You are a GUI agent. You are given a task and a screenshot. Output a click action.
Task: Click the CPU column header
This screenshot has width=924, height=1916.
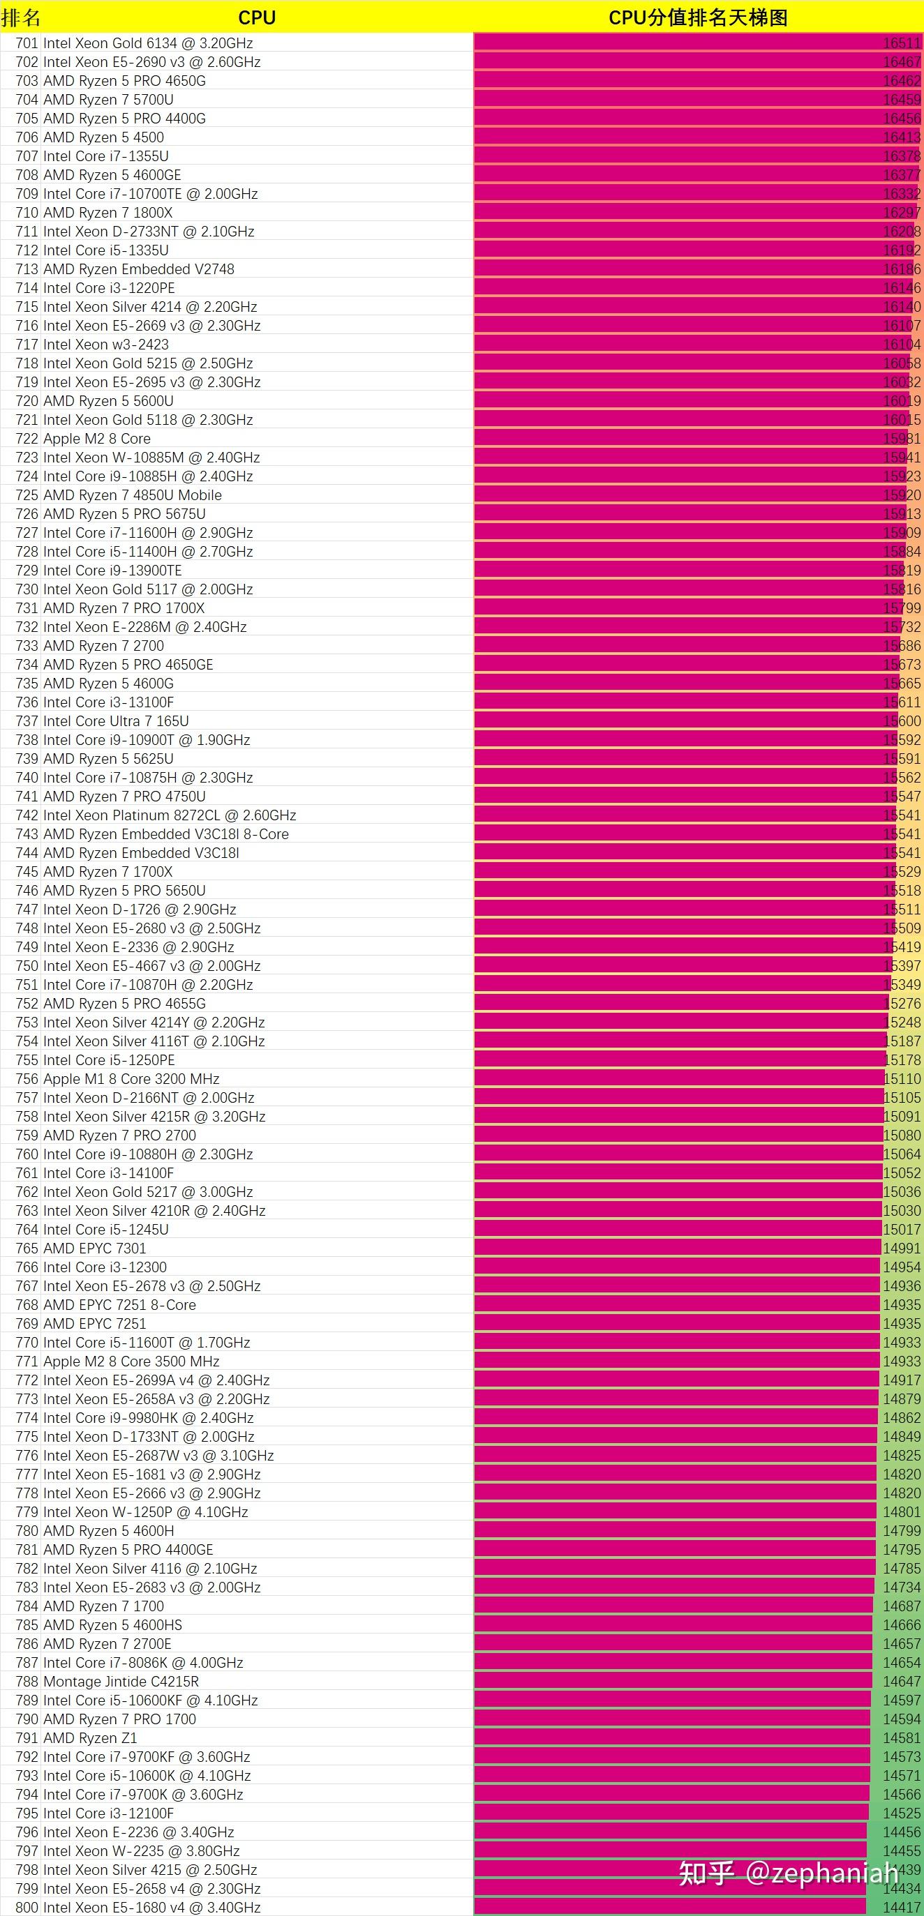pyautogui.click(x=257, y=17)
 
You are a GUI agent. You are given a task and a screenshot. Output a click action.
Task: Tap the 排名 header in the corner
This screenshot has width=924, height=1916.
pyautogui.click(x=21, y=17)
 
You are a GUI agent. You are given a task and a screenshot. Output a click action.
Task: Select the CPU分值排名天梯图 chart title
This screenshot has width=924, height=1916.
pyautogui.click(x=698, y=17)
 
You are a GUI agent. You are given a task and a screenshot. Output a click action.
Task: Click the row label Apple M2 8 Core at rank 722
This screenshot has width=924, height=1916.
pyautogui.click(x=97, y=439)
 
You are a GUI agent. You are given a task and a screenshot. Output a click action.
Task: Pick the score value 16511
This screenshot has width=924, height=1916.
pyautogui.click(x=902, y=43)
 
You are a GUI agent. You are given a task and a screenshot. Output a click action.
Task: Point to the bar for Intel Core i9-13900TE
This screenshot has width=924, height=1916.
pyautogui.click(x=677, y=571)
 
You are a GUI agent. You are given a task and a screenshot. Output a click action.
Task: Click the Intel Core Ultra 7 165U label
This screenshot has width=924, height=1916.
pyautogui.click(x=116, y=721)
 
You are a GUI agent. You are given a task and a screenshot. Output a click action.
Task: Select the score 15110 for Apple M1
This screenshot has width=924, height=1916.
pyautogui.click(x=902, y=1078)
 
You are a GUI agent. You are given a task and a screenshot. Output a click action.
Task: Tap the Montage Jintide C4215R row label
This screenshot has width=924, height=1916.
pyautogui.click(x=121, y=1681)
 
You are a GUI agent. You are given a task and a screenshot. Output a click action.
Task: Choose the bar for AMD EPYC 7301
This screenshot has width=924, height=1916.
pyautogui.click(x=677, y=1248)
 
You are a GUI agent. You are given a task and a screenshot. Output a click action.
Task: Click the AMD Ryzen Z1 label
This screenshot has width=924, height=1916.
pyautogui.click(x=90, y=1737)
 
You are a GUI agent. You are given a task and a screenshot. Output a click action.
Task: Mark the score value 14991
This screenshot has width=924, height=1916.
pyautogui.click(x=902, y=1248)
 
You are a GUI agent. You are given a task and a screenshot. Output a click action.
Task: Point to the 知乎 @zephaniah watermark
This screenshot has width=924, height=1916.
pyautogui.click(x=789, y=1873)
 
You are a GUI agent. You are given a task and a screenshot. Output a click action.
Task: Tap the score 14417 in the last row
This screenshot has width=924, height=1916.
pyautogui.click(x=902, y=1907)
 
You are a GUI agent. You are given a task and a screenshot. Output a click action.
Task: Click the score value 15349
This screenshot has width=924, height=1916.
pyautogui.click(x=902, y=985)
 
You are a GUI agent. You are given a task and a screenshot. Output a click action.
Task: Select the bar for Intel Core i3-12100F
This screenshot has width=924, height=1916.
pyautogui.click(x=669, y=1813)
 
